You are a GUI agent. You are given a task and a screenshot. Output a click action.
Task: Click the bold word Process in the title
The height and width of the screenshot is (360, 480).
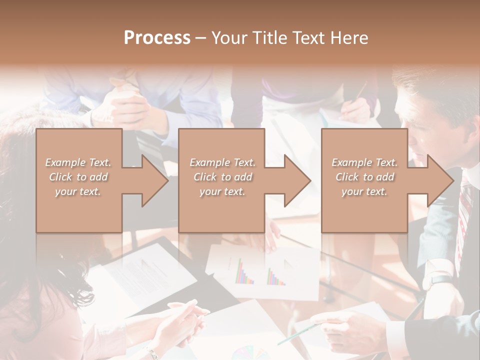tap(157, 38)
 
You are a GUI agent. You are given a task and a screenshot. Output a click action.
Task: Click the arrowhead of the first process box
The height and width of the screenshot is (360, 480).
tap(152, 180)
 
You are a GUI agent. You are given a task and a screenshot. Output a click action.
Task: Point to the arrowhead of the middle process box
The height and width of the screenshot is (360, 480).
tap(295, 180)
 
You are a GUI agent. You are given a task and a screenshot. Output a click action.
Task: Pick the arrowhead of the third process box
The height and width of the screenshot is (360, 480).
tap(438, 180)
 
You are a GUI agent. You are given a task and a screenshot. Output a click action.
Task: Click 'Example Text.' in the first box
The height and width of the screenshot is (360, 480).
tap(78, 162)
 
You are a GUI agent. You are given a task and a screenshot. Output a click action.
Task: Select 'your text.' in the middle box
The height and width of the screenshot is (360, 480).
tap(222, 191)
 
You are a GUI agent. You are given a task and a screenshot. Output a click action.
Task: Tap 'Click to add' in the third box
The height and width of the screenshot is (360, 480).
tap(364, 177)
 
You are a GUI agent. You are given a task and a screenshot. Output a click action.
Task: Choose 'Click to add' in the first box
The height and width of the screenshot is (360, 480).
tap(78, 177)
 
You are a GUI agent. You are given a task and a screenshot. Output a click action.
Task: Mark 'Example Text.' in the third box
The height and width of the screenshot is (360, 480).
tap(364, 162)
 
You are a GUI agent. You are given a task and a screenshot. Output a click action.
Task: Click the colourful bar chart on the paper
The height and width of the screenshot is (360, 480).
tap(260, 272)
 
